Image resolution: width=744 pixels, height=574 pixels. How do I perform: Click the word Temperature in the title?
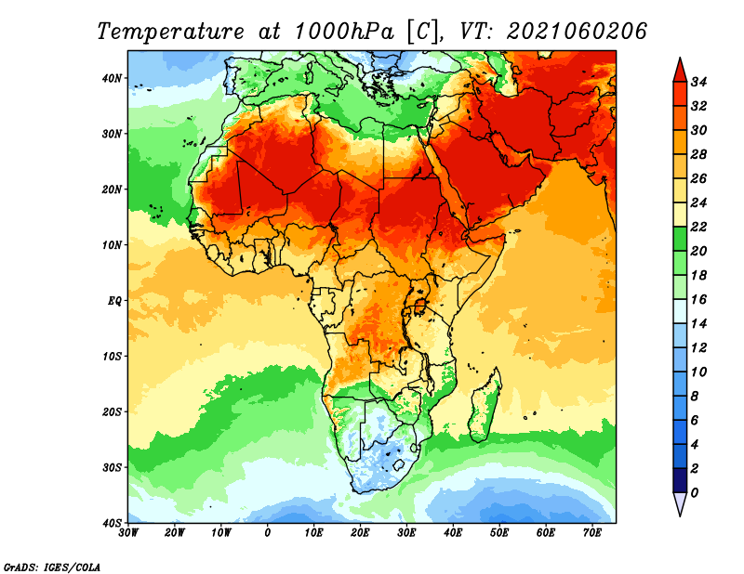(171, 33)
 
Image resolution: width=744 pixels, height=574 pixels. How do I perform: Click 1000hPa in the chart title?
(344, 32)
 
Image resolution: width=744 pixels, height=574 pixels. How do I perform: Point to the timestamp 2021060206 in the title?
(577, 32)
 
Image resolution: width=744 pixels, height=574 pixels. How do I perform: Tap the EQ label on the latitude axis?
(114, 301)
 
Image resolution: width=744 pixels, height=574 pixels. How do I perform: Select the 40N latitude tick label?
(112, 78)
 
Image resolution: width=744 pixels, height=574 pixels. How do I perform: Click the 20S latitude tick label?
(112, 411)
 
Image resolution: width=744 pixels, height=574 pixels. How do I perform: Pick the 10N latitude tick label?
(112, 245)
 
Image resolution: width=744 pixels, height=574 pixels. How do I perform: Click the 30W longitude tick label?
(128, 533)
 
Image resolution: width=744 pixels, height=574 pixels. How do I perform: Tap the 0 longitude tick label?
(268, 533)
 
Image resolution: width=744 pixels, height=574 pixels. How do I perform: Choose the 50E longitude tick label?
(499, 533)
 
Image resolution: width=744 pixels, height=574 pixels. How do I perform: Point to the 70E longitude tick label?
(592, 533)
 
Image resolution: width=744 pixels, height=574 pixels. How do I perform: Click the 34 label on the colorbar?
(698, 82)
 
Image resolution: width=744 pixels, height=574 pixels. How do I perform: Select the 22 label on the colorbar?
(698, 227)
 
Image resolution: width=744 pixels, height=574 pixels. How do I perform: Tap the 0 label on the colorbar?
(695, 493)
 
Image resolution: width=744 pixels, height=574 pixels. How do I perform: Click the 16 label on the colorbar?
(698, 300)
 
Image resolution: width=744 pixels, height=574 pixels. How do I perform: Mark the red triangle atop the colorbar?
(680, 72)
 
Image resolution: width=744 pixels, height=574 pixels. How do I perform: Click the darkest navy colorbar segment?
(680, 480)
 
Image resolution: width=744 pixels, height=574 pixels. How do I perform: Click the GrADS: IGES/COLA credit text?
(52, 567)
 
